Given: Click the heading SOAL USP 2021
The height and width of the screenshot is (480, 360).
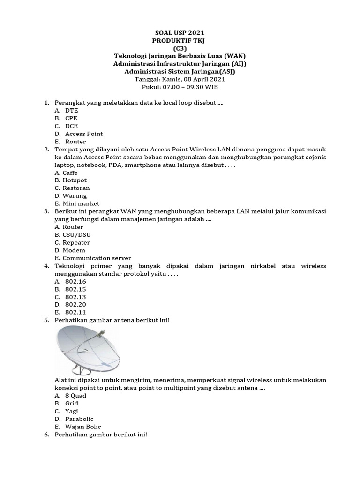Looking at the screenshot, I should (180, 33).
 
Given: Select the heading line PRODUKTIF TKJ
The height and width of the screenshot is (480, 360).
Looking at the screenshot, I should (180, 41).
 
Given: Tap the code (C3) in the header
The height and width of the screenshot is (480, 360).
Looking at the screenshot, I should (180, 48).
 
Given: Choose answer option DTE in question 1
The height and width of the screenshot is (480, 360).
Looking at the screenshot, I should (71, 111).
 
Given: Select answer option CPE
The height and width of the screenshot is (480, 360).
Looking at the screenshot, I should (71, 118).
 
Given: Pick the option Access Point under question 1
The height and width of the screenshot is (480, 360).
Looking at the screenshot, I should (84, 134).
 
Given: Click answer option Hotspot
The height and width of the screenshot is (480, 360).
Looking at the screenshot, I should (75, 180).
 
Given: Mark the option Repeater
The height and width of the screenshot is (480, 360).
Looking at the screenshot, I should (76, 242).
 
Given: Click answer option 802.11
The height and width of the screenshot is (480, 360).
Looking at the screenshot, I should (75, 312).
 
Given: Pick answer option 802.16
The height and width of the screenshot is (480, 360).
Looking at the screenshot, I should (75, 281).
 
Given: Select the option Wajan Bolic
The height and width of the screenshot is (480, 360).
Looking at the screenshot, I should (83, 427).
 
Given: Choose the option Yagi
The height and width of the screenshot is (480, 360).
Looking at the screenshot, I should (71, 411).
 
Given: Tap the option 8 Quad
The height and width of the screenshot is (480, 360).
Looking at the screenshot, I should (75, 396).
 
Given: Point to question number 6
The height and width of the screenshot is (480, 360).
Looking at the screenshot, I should (46, 435).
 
